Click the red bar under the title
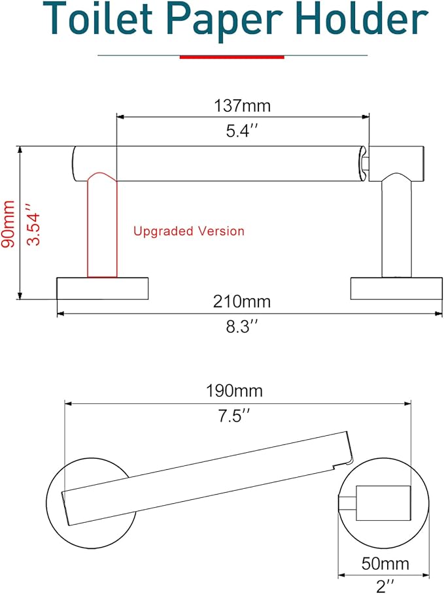pos(231,57)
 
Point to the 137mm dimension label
pos(242,105)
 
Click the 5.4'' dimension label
pos(242,131)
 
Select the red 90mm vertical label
pos(9,223)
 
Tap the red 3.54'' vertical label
pos(33,223)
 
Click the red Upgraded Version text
pos(189,231)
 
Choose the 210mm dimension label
pos(242,302)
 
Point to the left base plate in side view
pos(103,288)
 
